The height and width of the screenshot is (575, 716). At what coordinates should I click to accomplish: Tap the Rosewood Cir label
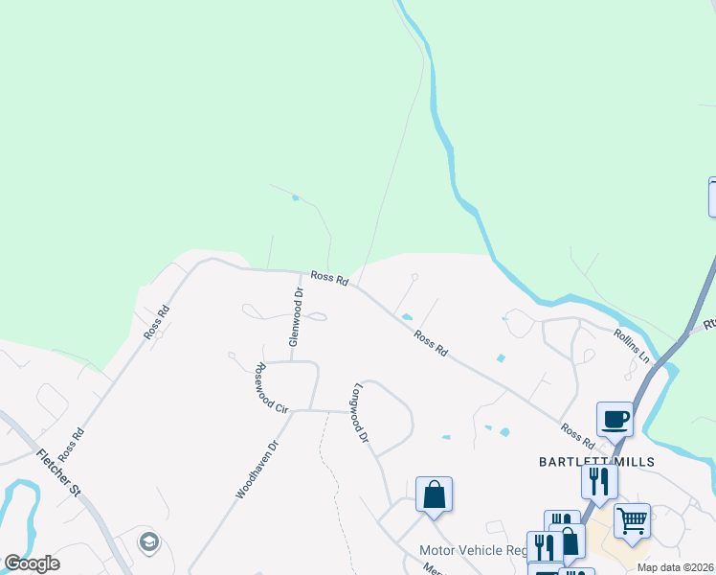(x=271, y=388)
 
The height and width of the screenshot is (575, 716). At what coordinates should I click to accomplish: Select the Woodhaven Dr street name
(x=257, y=469)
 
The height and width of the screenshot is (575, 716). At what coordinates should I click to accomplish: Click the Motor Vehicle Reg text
(x=472, y=550)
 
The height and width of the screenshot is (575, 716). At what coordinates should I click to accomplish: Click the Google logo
(x=32, y=563)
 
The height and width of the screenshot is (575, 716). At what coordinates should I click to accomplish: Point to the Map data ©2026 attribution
(x=676, y=567)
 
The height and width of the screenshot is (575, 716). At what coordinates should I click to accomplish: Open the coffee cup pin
(x=615, y=419)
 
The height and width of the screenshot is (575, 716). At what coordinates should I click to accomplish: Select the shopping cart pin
(x=632, y=520)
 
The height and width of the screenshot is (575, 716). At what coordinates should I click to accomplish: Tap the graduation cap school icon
(x=148, y=542)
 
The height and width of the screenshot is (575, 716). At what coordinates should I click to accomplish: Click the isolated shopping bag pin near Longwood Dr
(x=434, y=494)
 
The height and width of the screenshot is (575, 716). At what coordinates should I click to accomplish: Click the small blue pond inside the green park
(x=295, y=197)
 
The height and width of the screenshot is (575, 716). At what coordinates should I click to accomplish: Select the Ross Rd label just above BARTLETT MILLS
(x=577, y=437)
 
